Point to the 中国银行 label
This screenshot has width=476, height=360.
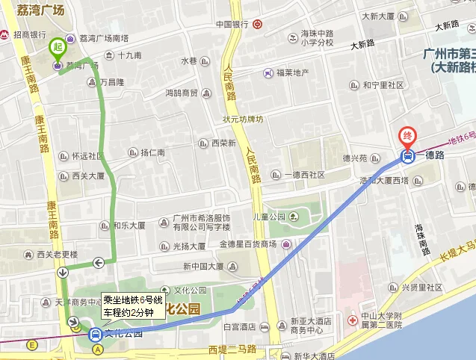point(232,24)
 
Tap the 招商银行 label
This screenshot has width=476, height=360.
point(28,35)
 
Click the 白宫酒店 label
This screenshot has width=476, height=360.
point(240,326)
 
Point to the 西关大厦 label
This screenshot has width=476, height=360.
point(87,177)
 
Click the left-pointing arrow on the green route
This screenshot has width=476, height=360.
point(99,261)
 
